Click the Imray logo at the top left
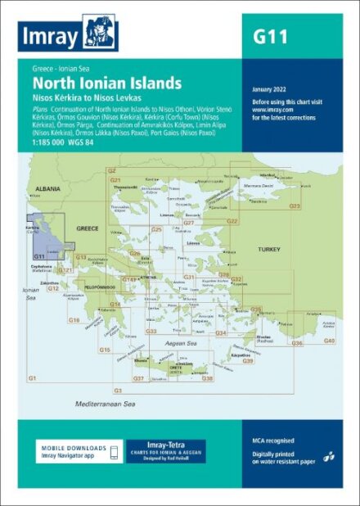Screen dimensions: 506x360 coord(70,34)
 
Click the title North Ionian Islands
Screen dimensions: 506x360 coord(107,84)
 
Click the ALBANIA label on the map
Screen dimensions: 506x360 coord(48,189)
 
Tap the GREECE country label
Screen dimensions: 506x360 coord(88,227)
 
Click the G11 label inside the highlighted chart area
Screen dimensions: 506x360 coord(39,256)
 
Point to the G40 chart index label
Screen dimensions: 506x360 coord(329,340)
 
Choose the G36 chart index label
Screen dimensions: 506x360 coord(297,343)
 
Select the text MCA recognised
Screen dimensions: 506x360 coord(273,440)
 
